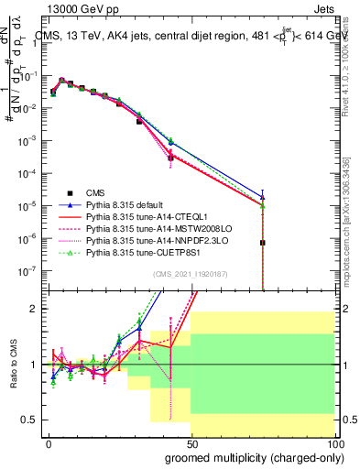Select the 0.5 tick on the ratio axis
33,420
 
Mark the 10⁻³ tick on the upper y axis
29,141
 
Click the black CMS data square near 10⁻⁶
263,243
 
